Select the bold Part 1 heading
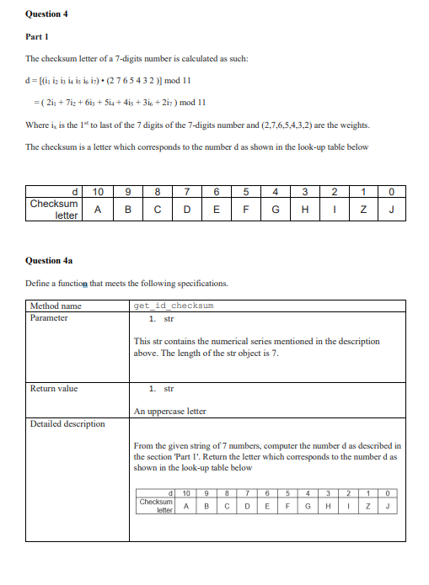pos(36,36)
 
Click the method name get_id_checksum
pos(174,306)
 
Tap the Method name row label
pos(56,306)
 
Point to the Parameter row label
pos(50,317)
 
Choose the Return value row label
pos(54,388)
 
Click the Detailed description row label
pos(67,423)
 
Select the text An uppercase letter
pos(169,411)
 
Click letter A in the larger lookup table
pos(98,209)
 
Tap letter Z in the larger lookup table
pos(364,209)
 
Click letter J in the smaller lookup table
pos(386,506)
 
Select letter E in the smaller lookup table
pos(266,506)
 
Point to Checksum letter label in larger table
pos(54,210)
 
